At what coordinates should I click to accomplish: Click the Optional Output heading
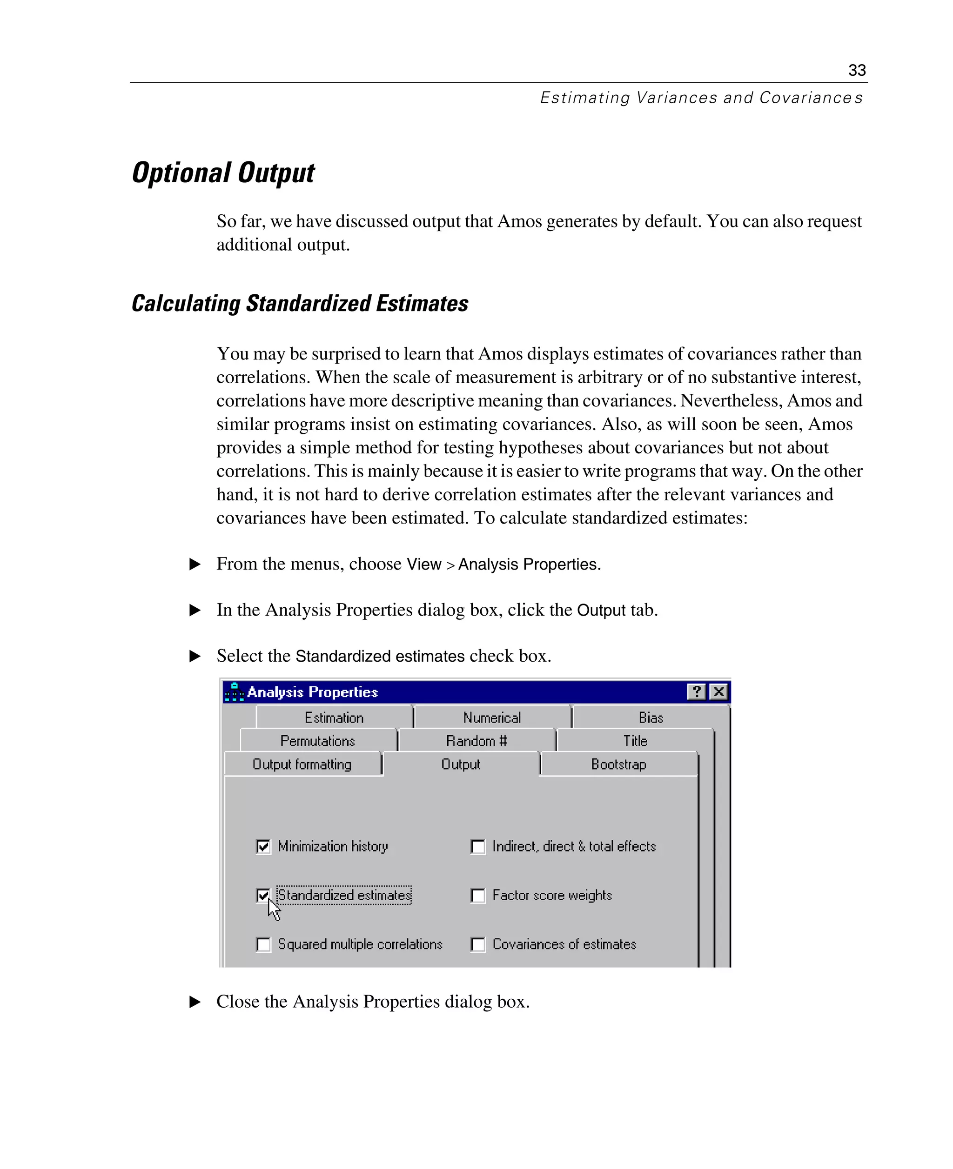[x=223, y=173]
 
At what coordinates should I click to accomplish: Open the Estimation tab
[x=334, y=717]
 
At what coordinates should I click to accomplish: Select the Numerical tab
[x=492, y=717]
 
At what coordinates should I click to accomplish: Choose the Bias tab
[x=651, y=717]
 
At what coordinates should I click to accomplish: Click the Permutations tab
[x=318, y=741]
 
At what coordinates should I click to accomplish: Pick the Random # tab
[x=476, y=741]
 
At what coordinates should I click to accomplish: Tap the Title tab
[x=635, y=741]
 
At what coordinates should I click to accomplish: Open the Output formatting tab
[x=302, y=764]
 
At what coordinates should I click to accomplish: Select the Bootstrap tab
[x=619, y=764]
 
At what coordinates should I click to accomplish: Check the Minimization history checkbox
[x=263, y=846]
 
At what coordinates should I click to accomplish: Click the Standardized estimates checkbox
[x=263, y=895]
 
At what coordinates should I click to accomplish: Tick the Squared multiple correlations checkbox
[x=263, y=944]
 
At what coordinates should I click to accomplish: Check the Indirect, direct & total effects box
[x=478, y=846]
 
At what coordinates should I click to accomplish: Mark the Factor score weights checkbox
[x=478, y=895]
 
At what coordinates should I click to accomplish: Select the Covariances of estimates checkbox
[x=478, y=944]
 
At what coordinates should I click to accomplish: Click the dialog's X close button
[x=718, y=692]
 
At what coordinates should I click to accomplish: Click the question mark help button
[x=696, y=692]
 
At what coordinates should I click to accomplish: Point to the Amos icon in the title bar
[x=235, y=692]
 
